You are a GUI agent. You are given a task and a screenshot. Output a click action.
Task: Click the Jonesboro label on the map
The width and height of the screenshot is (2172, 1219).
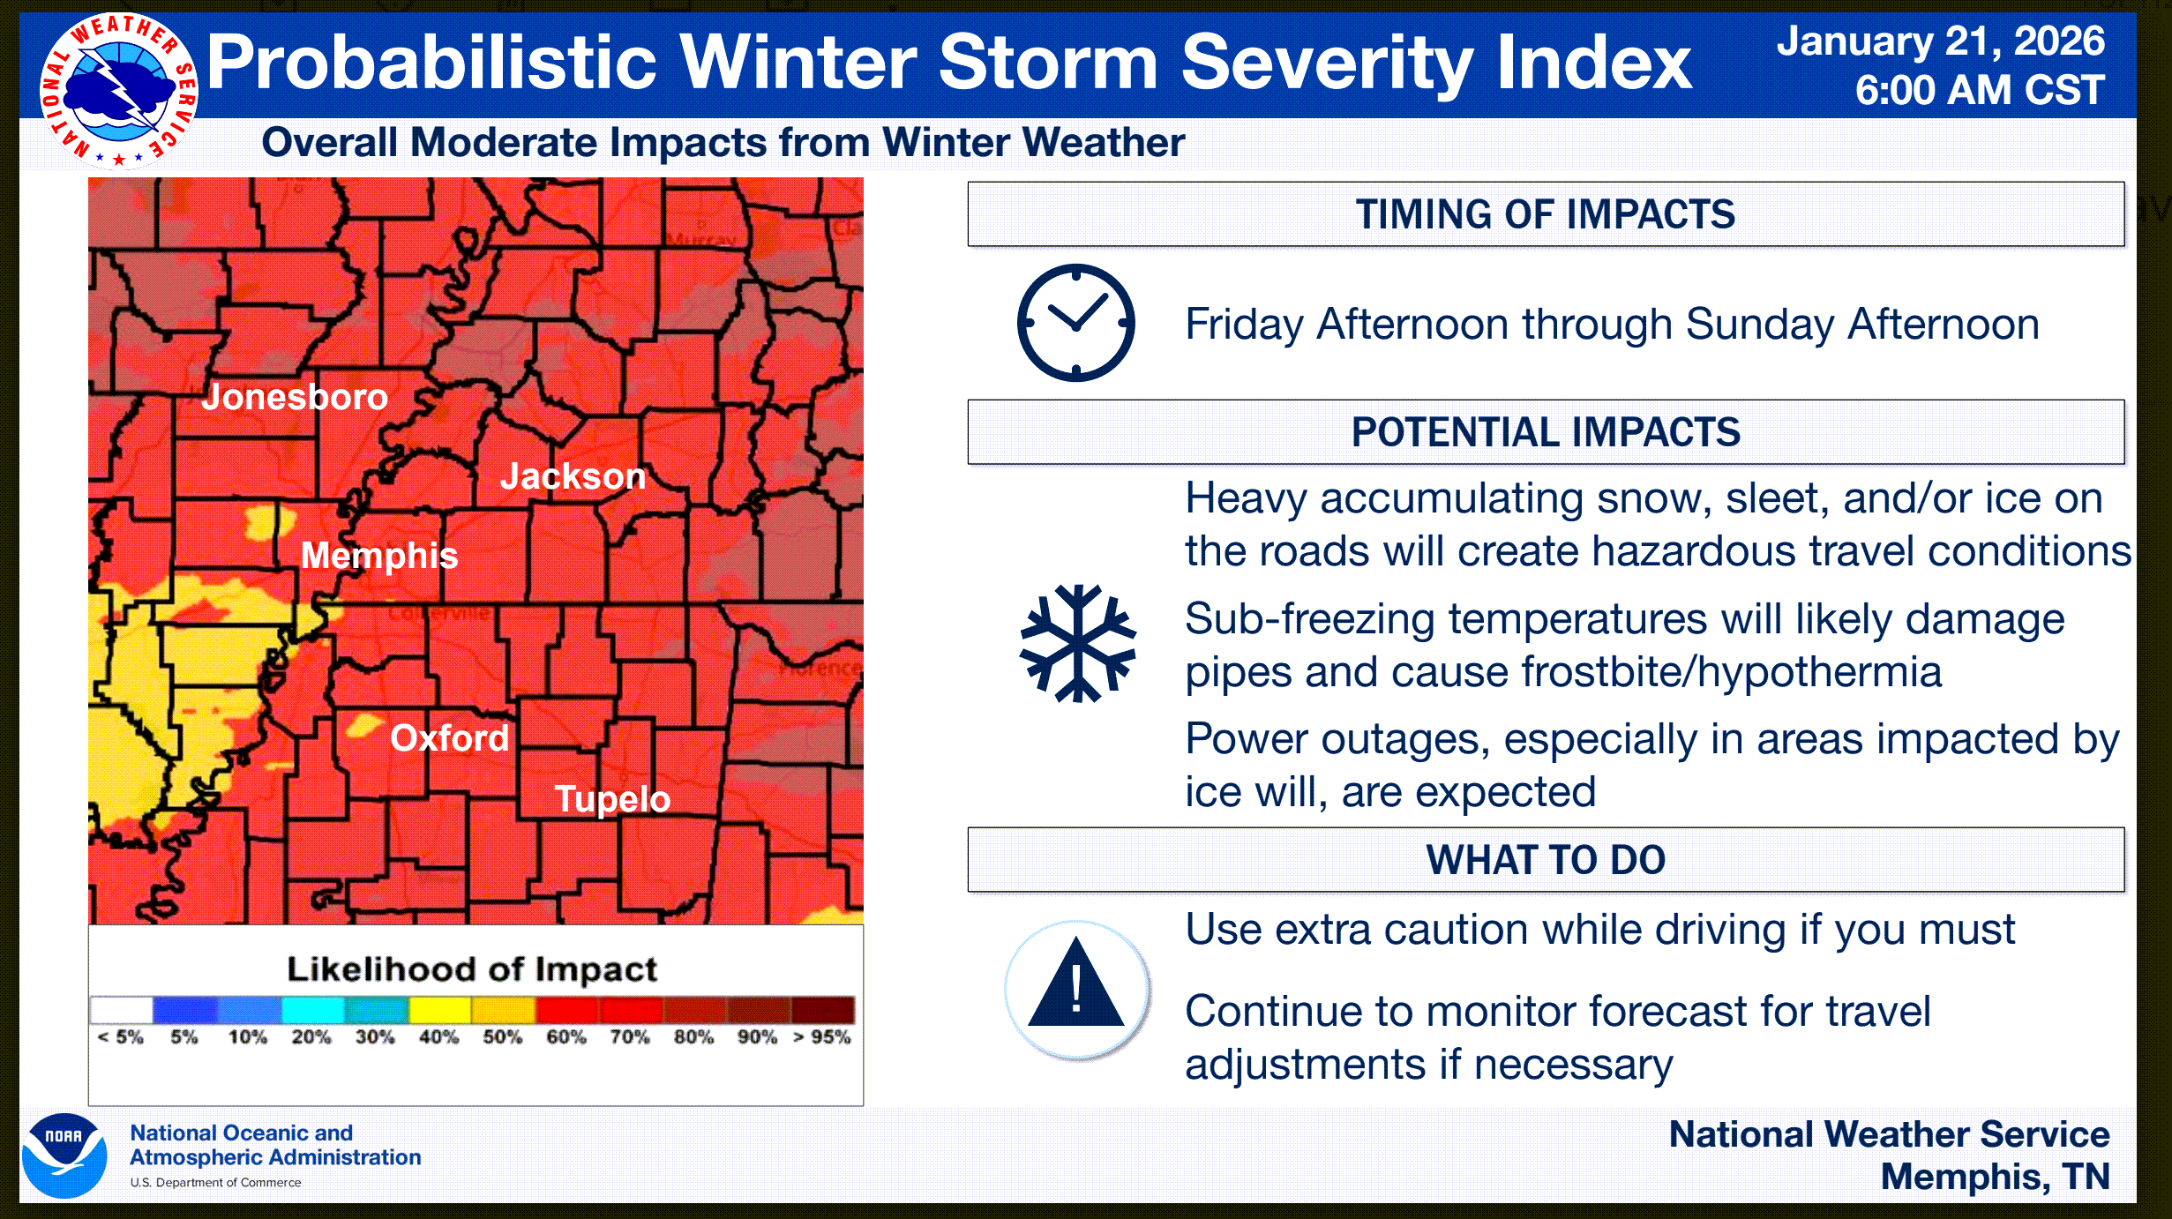point(295,397)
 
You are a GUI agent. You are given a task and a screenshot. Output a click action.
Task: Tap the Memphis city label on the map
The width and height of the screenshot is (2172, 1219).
point(379,556)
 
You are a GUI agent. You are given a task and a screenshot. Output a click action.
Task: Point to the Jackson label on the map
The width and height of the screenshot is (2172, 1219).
point(573,476)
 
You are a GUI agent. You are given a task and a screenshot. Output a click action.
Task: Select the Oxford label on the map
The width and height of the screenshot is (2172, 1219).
point(450,737)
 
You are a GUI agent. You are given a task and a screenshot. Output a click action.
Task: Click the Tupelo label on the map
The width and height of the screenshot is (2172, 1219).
point(612,799)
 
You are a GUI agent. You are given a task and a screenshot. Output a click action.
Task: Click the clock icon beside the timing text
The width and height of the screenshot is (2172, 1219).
point(1076,323)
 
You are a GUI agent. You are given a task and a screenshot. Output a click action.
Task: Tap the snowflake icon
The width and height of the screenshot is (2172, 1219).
point(1077,643)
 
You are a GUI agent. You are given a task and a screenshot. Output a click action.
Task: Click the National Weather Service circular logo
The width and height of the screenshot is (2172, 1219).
point(119,91)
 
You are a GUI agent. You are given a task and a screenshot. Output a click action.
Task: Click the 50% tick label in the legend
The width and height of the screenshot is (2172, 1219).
point(502,1037)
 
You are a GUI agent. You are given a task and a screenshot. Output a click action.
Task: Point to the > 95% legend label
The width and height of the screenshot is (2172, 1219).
point(821,1037)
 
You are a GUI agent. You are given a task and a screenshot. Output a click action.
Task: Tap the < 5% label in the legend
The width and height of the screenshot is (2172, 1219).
point(121,1037)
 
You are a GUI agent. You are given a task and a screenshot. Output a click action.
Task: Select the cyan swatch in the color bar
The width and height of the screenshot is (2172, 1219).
point(313,1009)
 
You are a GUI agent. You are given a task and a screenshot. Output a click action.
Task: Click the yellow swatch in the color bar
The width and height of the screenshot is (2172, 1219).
point(440,1009)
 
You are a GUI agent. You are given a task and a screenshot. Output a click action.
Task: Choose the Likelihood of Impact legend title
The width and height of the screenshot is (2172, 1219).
point(472,969)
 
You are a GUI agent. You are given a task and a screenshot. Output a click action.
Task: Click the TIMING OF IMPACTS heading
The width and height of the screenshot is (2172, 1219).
point(1546,214)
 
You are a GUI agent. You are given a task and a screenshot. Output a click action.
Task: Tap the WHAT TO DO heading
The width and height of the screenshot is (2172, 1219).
point(1546,860)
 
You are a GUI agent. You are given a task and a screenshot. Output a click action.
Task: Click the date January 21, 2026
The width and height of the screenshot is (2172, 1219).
point(1941,41)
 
